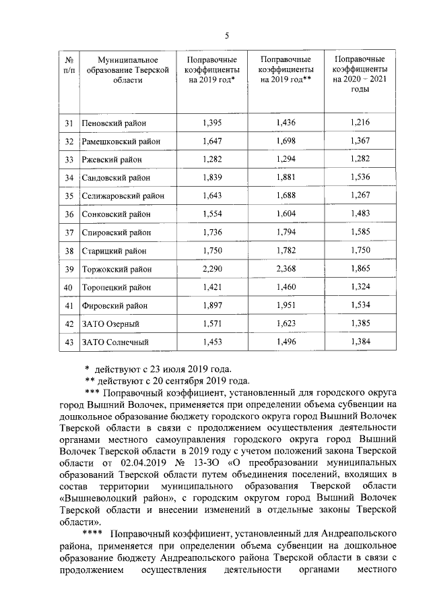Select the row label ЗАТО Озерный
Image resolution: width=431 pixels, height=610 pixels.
tap(110, 324)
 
